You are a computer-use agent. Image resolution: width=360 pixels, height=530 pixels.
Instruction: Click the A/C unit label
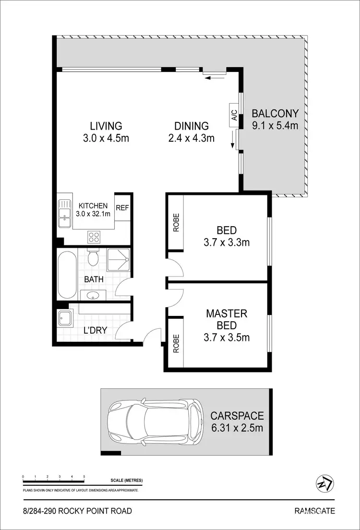(x=234, y=116)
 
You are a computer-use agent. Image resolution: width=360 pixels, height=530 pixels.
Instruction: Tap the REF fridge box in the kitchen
(x=122, y=207)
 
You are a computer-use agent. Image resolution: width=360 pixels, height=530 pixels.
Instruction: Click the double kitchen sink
(x=64, y=214)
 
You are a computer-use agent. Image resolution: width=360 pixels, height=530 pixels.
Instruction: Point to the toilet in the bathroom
(x=93, y=259)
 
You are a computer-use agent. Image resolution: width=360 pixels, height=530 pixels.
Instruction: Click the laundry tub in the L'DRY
(x=64, y=318)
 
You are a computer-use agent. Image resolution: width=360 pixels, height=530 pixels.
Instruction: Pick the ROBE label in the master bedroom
(x=175, y=344)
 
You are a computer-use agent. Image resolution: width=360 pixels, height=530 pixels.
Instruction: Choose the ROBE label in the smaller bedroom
(x=175, y=223)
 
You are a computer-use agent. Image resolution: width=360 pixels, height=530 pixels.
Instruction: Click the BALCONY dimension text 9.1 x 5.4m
(x=276, y=126)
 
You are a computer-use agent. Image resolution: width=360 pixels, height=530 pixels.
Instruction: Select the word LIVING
(x=106, y=126)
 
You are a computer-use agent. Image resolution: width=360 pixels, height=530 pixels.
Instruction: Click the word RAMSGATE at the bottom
(x=314, y=511)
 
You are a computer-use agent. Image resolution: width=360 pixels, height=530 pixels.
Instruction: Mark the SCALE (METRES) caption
(x=126, y=481)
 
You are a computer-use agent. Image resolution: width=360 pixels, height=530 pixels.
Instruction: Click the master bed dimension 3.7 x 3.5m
(x=227, y=337)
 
